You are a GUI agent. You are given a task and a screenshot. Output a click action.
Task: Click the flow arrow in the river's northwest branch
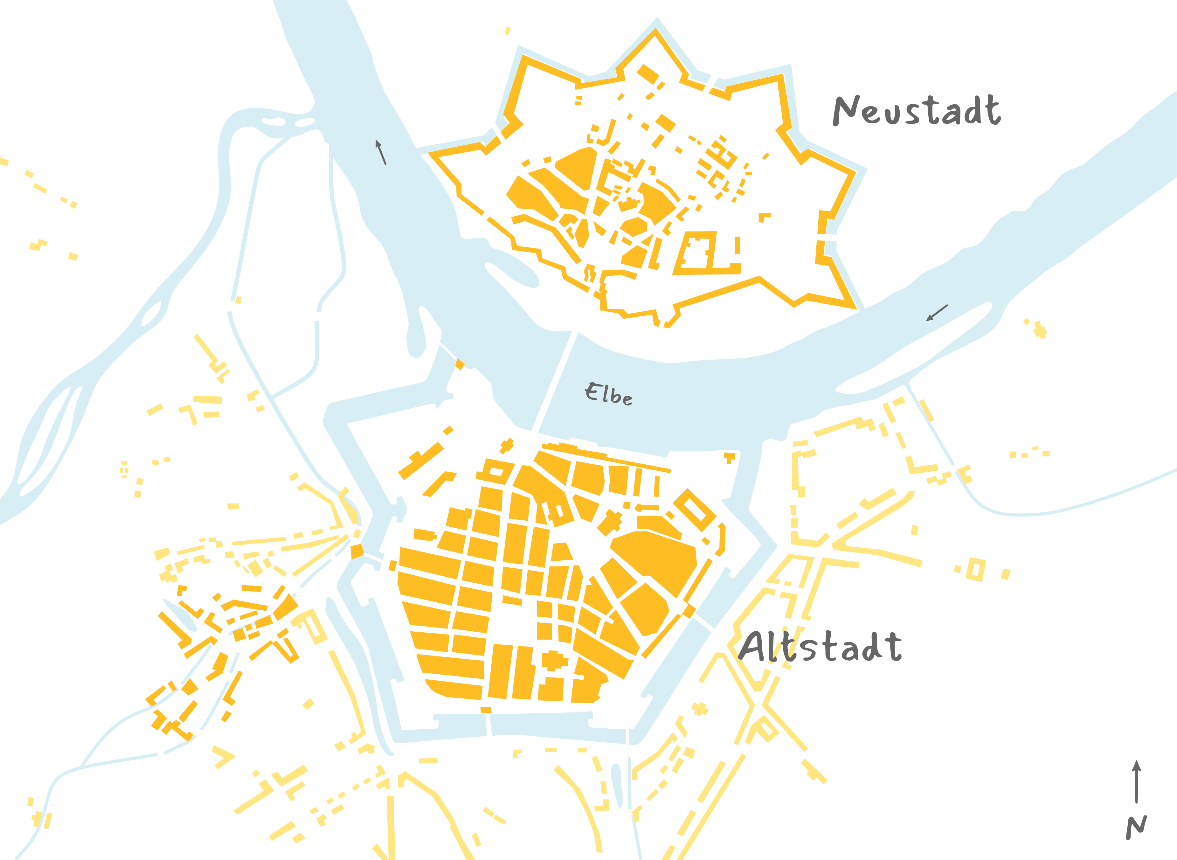click(x=381, y=152)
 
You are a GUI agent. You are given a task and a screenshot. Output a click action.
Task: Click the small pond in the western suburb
click(x=180, y=614)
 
